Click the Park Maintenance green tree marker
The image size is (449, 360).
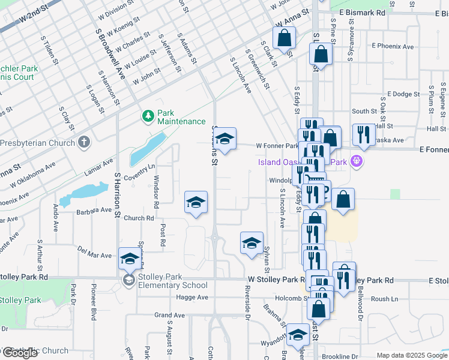pos(146,115)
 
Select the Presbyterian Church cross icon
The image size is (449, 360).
pos(84,143)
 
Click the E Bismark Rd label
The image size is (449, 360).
pos(362,12)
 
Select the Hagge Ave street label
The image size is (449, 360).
pos(193,297)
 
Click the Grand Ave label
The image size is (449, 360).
pos(169,315)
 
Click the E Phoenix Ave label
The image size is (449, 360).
pos(393,46)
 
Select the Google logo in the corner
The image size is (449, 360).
pos(19,353)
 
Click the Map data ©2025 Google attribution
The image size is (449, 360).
pos(412,355)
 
